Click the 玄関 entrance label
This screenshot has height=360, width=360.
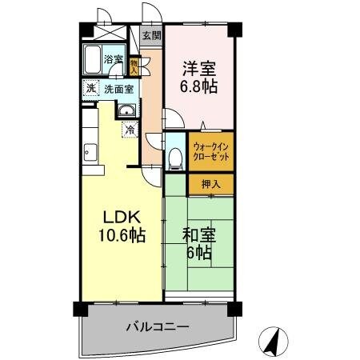pyautogui.click(x=150, y=36)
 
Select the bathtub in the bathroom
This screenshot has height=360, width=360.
pyautogui.click(x=92, y=58)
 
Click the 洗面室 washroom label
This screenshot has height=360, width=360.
pyautogui.click(x=118, y=89)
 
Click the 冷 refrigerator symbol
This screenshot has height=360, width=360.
pyautogui.click(x=128, y=128)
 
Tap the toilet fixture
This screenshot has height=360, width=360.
pyautogui.click(x=175, y=157)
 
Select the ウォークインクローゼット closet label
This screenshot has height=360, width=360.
pyautogui.click(x=212, y=153)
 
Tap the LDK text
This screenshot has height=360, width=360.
pyautogui.click(x=121, y=217)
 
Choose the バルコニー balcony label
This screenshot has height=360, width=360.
pyautogui.click(x=157, y=327)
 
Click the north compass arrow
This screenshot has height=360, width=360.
pyautogui.click(x=275, y=341)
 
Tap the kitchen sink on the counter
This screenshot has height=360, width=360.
pyautogui.click(x=91, y=151)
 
